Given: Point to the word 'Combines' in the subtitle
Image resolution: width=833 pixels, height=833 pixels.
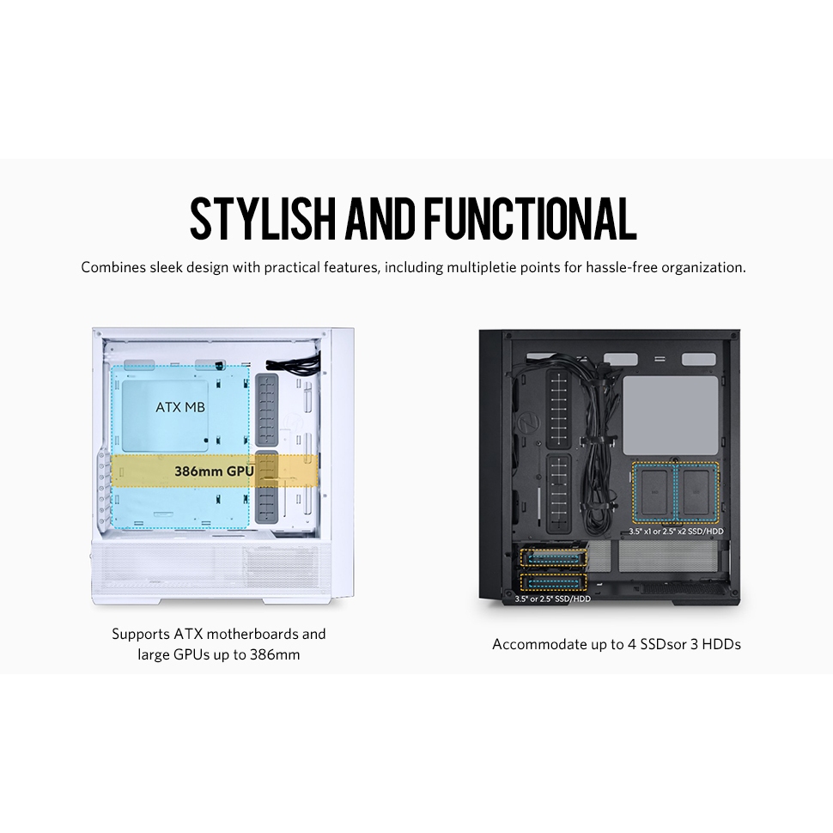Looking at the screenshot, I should coord(113,267).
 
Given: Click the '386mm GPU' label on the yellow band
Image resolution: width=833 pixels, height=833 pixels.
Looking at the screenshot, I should coord(214,471).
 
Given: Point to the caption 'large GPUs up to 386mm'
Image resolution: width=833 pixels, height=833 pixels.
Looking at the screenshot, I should coord(218,654).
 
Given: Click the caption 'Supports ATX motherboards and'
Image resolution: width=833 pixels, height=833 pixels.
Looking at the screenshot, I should coord(218,635).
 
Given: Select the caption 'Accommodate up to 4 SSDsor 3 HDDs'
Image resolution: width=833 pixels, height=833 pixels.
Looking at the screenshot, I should coord(616,643).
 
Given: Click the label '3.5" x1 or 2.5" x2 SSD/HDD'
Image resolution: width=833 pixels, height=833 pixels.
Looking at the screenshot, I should coord(675,532).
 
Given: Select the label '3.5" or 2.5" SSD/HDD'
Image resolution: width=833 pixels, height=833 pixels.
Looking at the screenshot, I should coord(553,599).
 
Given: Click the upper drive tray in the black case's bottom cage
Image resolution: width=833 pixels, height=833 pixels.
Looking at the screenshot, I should coord(553,558).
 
